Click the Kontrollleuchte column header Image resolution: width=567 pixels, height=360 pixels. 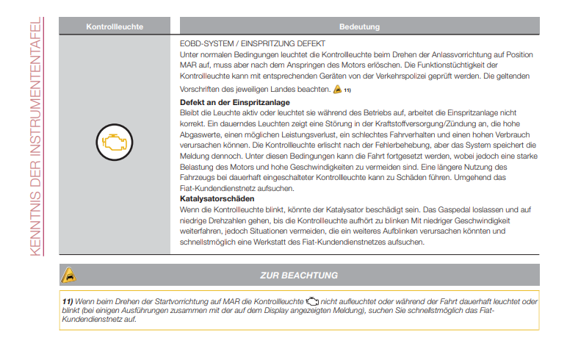point(114,27)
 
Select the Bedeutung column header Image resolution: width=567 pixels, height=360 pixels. point(359,27)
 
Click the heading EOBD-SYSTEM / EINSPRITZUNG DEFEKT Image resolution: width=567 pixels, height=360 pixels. point(243,44)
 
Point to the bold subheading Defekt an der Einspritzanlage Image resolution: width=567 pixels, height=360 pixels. point(235,101)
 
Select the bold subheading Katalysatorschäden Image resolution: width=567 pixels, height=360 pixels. point(217,198)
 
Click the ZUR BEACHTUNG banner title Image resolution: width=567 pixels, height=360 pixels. point(299,276)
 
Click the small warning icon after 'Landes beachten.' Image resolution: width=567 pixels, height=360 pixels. point(337,90)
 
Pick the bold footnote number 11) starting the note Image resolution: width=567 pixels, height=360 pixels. point(67,302)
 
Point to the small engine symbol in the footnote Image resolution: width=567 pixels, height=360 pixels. point(313,302)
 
